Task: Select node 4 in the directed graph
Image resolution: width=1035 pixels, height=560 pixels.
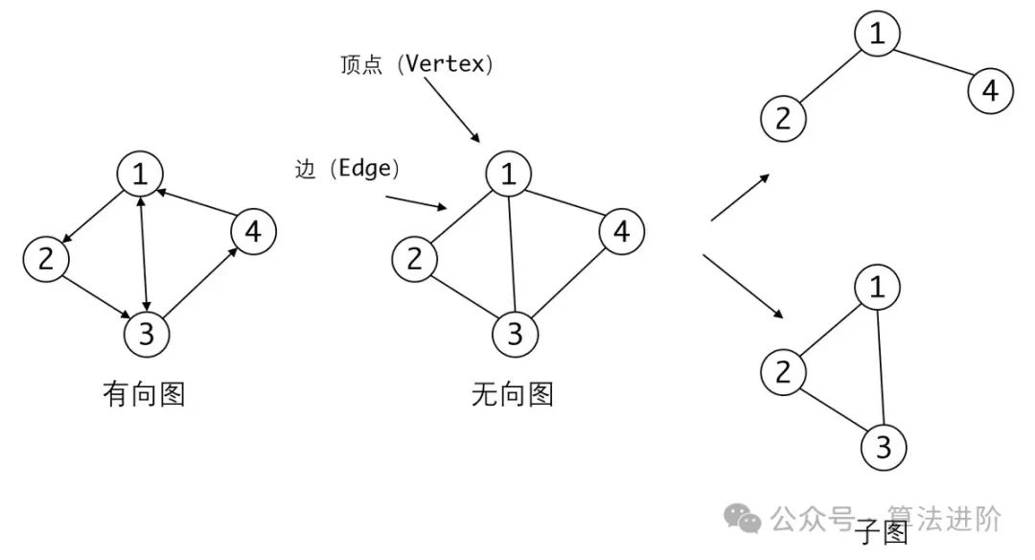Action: pos(253,232)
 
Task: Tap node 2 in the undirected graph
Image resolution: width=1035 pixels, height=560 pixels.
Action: pos(414,258)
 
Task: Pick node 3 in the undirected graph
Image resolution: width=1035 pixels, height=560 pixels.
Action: pos(515,334)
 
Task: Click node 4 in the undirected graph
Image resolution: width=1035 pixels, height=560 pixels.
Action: pos(622,232)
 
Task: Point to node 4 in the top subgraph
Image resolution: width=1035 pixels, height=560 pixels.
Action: pos(990,91)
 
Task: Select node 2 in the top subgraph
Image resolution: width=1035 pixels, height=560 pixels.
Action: pos(784,119)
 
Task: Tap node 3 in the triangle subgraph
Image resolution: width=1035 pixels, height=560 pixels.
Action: pos(884,447)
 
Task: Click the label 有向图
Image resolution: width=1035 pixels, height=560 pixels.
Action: pos(143,394)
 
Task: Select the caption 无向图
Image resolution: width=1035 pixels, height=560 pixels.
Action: pos(513,394)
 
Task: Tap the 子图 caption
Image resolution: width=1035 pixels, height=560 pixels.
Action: pos(881,532)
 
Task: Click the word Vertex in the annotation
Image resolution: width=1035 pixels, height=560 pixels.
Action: pos(447,65)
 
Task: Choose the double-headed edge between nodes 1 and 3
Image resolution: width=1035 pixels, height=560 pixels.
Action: pos(144,254)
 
